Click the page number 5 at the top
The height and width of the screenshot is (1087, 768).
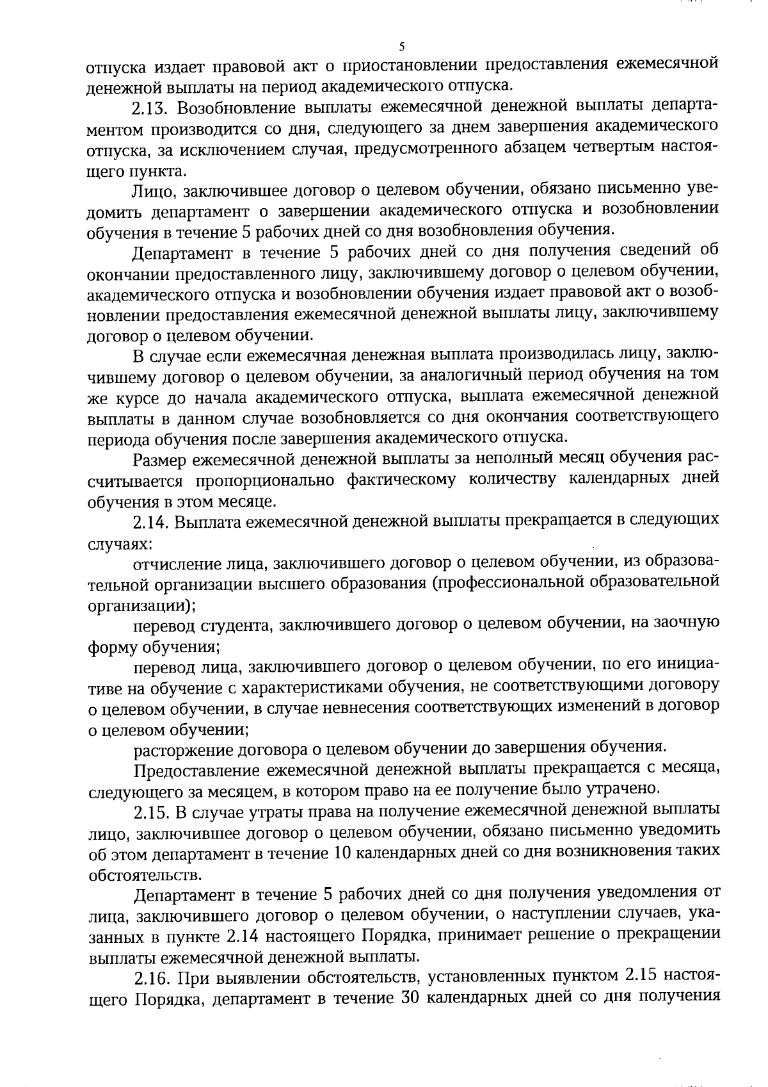pos(401,46)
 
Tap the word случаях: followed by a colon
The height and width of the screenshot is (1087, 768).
pos(120,543)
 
